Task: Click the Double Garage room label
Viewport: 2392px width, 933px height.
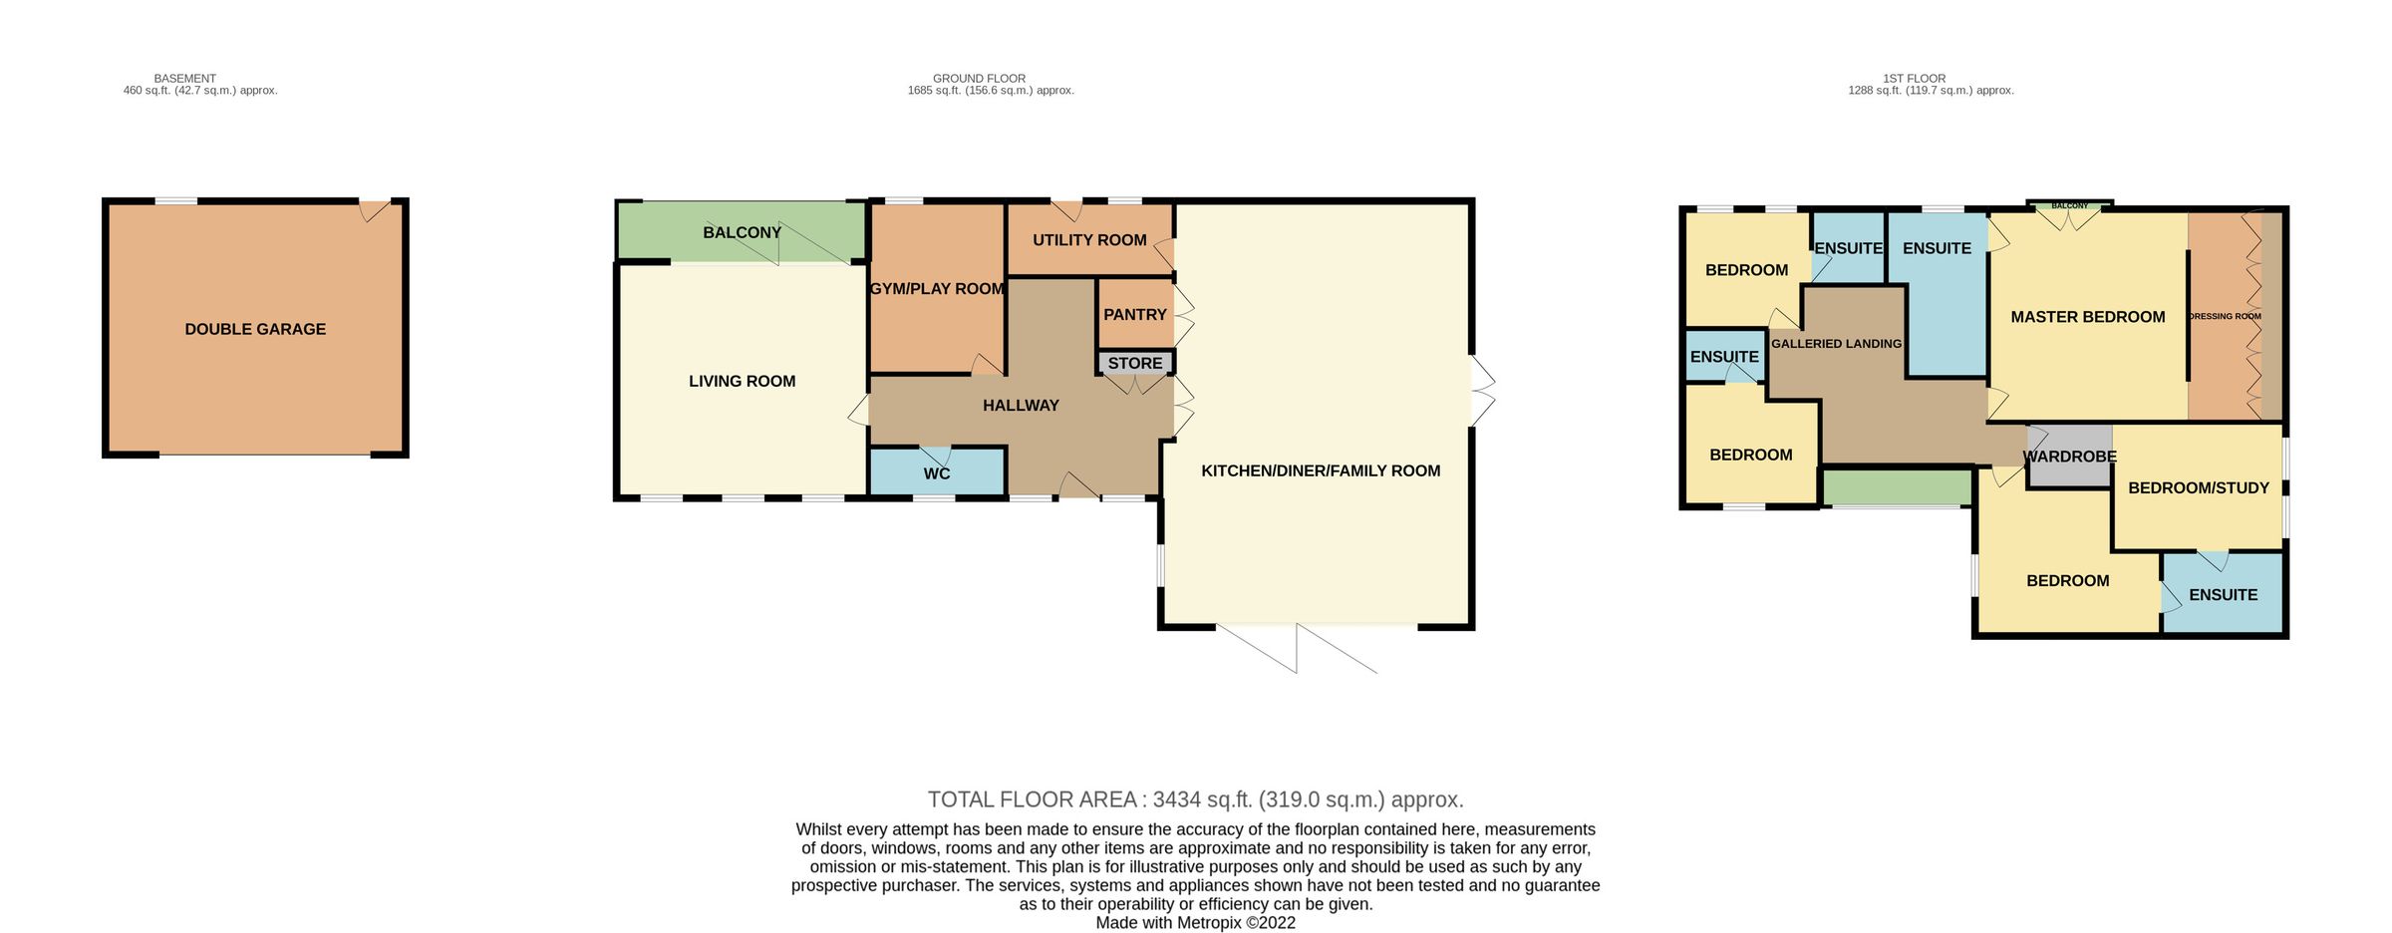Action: pos(255,329)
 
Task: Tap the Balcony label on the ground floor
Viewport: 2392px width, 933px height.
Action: pos(742,232)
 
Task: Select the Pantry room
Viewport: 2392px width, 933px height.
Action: pos(1134,314)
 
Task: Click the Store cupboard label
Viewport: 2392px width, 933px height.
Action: pos(1135,363)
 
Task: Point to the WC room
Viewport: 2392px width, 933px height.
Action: pos(936,473)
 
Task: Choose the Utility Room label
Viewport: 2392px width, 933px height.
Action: pos(1089,240)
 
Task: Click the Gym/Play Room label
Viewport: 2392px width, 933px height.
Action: pos(937,289)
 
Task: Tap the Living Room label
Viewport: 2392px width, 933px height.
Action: pos(742,381)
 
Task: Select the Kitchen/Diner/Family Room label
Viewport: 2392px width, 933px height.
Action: pos(1320,470)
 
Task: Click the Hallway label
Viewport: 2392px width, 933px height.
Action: pos(1021,406)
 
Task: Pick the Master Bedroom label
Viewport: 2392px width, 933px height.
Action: pos(2087,317)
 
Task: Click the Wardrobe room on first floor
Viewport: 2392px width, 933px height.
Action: pos(2069,457)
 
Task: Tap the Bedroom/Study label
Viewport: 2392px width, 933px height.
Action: pos(2198,487)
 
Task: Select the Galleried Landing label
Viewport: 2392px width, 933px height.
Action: pos(1836,344)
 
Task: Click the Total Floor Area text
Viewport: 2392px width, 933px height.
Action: pos(1195,799)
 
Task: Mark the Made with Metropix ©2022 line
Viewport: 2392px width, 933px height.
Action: pos(1195,923)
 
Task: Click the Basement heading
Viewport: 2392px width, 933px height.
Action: pos(184,78)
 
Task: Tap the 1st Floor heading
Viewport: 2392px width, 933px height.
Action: pos(1914,78)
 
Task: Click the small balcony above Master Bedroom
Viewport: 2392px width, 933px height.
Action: pos(2069,206)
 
